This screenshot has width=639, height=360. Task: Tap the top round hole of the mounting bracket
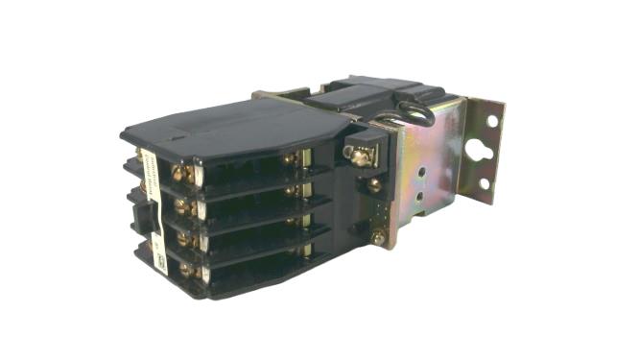(x=494, y=122)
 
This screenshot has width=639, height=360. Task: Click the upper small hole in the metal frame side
(x=419, y=173)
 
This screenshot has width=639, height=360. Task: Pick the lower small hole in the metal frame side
(x=418, y=190)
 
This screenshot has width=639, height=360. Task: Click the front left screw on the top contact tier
(x=179, y=174)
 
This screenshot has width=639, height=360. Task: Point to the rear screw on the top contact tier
(x=289, y=158)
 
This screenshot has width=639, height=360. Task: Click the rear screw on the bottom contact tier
(x=293, y=252)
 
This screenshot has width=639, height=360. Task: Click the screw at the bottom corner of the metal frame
(x=380, y=237)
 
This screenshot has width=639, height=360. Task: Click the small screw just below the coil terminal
(x=375, y=185)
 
